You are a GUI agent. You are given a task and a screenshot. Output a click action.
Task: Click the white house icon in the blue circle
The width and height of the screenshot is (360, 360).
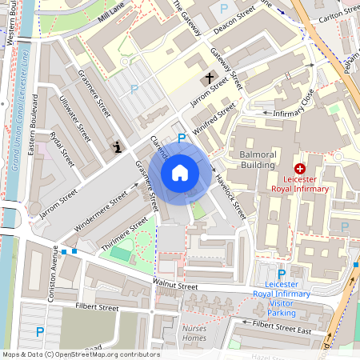[180, 172]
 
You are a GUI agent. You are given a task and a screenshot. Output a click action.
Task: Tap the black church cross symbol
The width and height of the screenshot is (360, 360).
[210, 78]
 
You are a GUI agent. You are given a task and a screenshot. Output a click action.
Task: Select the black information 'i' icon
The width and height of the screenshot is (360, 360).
[118, 146]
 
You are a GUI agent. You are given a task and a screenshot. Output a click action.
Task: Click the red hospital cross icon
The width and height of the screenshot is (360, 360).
[300, 169]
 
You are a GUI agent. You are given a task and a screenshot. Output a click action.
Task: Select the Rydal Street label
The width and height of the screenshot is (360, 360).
[62, 148]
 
